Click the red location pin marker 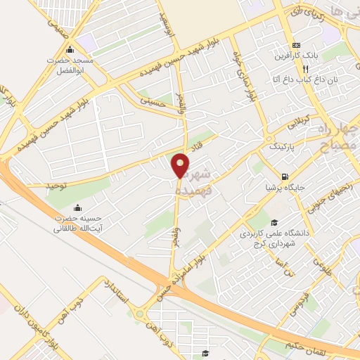click(x=181, y=165)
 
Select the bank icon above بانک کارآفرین click(x=296, y=43)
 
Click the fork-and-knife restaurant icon click(x=305, y=70)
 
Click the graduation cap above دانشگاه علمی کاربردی click(x=272, y=222)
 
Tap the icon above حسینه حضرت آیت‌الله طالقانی click(x=77, y=208)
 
